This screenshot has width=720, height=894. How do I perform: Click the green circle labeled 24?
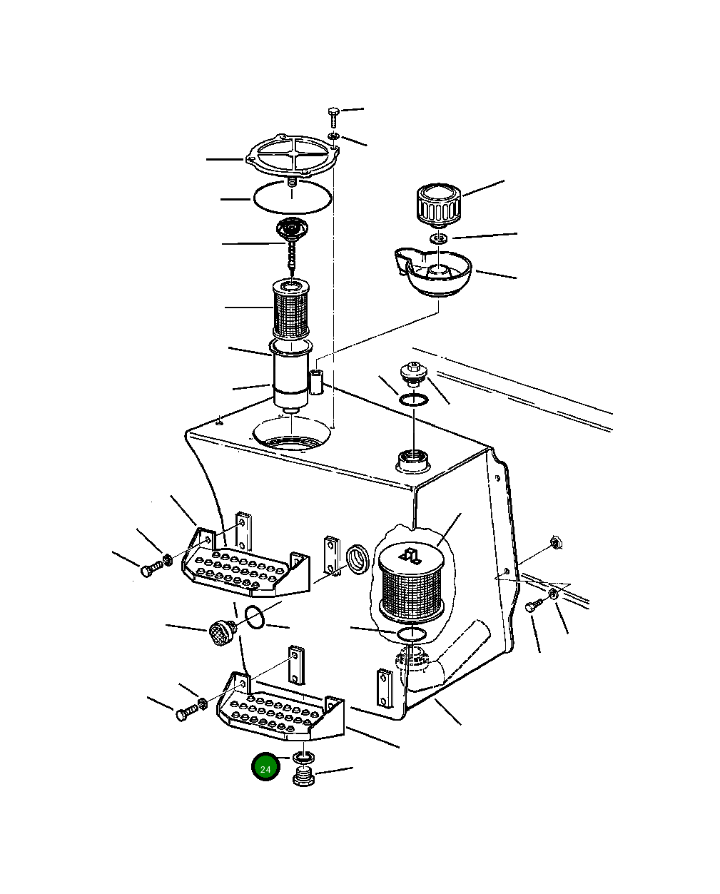pyautogui.click(x=265, y=768)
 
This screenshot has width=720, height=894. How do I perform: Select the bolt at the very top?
pyautogui.click(x=334, y=115)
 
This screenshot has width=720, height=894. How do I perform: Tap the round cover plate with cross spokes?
pyautogui.click(x=291, y=158)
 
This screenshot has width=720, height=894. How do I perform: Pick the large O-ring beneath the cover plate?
pyautogui.click(x=293, y=195)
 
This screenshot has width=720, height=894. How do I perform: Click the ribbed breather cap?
pyautogui.click(x=438, y=203)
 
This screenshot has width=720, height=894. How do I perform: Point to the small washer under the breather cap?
pyautogui.click(x=439, y=237)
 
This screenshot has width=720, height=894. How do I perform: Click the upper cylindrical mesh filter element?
pyautogui.click(x=292, y=309)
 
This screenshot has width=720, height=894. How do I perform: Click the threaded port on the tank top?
pyautogui.click(x=412, y=459)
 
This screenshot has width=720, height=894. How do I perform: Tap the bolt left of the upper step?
pyautogui.click(x=149, y=571)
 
